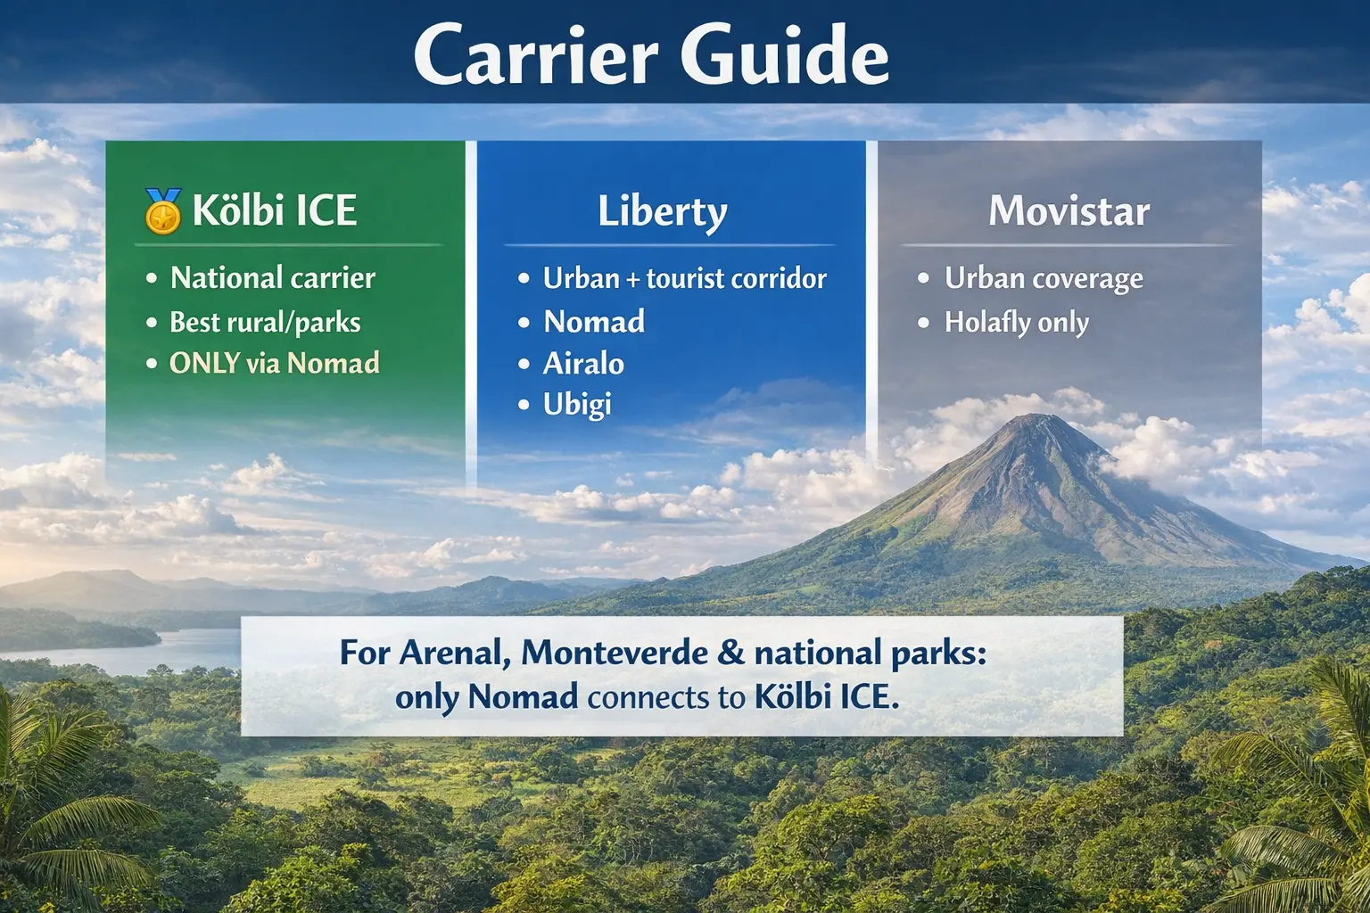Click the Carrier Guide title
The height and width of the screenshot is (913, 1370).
click(651, 55)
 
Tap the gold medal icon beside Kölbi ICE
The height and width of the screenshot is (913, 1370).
click(163, 211)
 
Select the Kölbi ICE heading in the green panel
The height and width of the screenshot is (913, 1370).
click(275, 211)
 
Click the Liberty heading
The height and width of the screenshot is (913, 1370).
click(663, 212)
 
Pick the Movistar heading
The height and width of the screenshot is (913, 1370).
click(1069, 212)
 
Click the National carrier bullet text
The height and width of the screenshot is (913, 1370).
click(272, 278)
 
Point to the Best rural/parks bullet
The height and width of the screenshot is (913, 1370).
click(265, 322)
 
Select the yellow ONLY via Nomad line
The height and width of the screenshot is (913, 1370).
click(275, 363)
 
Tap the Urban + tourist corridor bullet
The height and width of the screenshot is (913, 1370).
click(684, 278)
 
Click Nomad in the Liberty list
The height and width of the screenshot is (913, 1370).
click(594, 321)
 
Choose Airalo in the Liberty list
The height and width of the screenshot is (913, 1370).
click(583, 363)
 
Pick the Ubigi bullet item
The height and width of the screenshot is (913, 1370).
click(577, 404)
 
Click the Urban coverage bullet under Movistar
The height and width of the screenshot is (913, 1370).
click(1044, 278)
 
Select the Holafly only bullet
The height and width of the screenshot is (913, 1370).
click(1017, 322)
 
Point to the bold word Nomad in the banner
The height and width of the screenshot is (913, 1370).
click(523, 697)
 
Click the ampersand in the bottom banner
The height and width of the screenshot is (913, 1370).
click(730, 654)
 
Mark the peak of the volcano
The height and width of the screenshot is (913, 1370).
click(1035, 417)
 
